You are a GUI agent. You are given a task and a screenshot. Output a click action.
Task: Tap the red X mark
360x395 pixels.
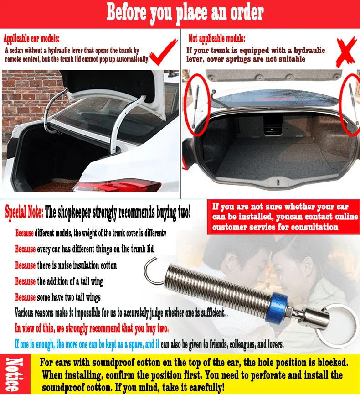click(x=347, y=52)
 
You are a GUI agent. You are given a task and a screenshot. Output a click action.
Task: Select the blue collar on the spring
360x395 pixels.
click(x=277, y=308)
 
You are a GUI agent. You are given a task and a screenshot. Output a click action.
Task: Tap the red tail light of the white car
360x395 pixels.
click(x=117, y=186)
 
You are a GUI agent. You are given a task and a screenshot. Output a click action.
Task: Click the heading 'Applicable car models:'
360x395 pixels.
click(x=31, y=39)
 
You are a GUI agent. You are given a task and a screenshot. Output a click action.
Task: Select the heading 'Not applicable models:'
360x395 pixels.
click(x=217, y=39)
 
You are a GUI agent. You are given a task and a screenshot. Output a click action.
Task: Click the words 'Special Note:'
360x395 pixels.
click(x=24, y=213)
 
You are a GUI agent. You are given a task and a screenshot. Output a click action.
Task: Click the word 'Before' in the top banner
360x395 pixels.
click(x=126, y=12)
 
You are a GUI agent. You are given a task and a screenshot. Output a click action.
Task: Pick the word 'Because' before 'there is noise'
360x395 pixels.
click(x=26, y=265)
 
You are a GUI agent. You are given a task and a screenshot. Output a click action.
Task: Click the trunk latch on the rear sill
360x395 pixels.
click(x=278, y=182)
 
